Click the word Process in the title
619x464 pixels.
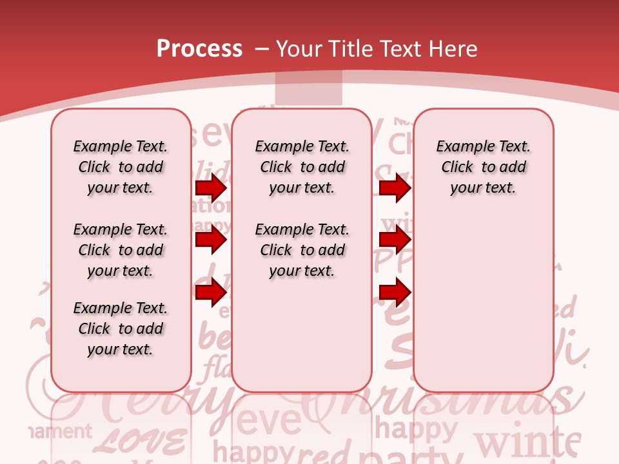click(x=199, y=49)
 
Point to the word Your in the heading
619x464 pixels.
click(x=301, y=49)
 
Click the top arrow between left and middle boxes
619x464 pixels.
click(x=211, y=188)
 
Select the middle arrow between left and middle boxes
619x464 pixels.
click(x=211, y=240)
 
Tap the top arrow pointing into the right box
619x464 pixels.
click(x=395, y=188)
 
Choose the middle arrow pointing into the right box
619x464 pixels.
click(x=395, y=240)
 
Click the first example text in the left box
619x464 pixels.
click(x=121, y=167)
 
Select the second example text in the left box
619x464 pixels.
click(x=121, y=250)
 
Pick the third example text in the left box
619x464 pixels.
click(x=121, y=329)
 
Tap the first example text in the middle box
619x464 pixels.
click(x=302, y=167)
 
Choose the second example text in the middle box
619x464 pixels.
click(x=302, y=250)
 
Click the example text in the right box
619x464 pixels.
click(x=483, y=167)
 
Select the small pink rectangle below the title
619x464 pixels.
click(x=308, y=88)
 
